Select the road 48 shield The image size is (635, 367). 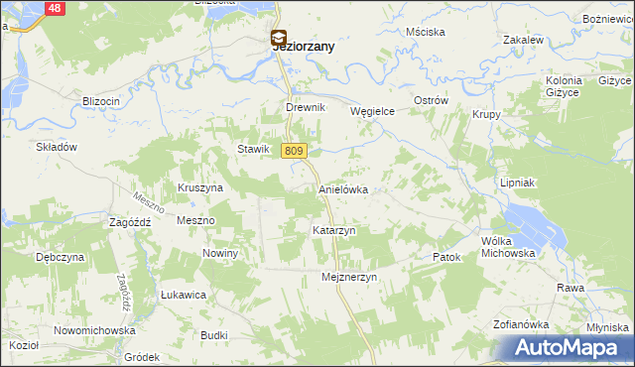(x=56, y=8)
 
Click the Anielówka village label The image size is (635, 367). (x=343, y=188)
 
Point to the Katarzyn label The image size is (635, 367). (x=334, y=230)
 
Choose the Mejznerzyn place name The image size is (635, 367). (x=350, y=278)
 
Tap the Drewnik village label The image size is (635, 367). (x=305, y=109)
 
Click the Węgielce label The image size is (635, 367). (x=373, y=112)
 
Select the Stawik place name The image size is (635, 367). (x=253, y=149)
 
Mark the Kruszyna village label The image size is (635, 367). (x=199, y=187)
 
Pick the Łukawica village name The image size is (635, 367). (x=183, y=295)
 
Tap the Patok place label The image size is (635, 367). (x=448, y=257)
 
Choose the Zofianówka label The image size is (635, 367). (x=521, y=324)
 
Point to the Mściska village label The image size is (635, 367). (x=424, y=32)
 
